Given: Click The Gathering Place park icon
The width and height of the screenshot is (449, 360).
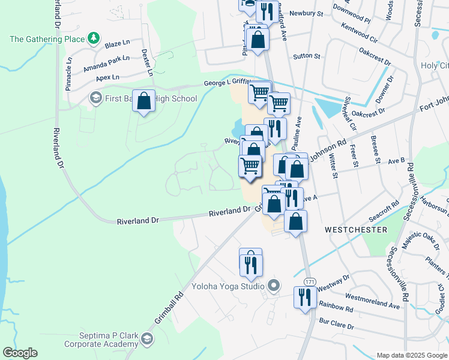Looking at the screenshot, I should [93, 40].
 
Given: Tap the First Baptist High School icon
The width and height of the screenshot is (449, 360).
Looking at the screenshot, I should [95, 97].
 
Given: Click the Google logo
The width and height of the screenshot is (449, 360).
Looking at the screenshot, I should [20, 353].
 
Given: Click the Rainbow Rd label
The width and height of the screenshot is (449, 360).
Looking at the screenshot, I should [336, 308].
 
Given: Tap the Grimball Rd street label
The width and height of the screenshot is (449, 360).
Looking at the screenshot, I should [169, 308].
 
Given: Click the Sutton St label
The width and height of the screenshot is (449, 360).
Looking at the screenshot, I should [307, 56].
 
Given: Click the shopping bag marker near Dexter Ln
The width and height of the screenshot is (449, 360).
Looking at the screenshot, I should [144, 101].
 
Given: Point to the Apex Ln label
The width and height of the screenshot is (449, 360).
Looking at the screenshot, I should [107, 77].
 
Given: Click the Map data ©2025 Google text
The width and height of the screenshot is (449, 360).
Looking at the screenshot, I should [411, 355].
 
